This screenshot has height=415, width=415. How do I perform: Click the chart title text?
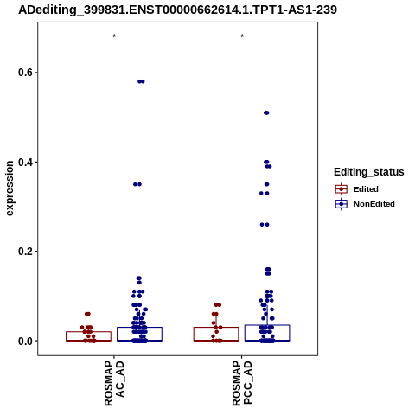click(177, 10)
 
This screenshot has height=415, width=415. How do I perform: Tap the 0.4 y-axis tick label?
click(25, 162)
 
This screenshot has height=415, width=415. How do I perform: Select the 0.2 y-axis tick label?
click(25, 252)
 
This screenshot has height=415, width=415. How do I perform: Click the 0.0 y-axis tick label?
click(25, 341)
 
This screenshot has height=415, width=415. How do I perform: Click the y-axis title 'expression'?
click(10, 188)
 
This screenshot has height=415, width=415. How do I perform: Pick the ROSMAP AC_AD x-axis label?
click(114, 383)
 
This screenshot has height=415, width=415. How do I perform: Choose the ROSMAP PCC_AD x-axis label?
click(242, 383)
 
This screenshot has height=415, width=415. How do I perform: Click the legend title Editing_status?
click(369, 172)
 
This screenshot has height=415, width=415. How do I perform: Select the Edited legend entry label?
click(366, 189)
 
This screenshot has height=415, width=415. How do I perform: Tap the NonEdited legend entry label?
click(374, 204)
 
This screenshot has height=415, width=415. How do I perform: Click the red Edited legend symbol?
click(342, 189)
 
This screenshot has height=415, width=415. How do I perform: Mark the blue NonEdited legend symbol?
click(342, 204)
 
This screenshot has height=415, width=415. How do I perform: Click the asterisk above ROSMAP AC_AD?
click(114, 36)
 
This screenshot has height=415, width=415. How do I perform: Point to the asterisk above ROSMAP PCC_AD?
click(242, 36)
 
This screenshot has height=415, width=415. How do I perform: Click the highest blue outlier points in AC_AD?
click(141, 81)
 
